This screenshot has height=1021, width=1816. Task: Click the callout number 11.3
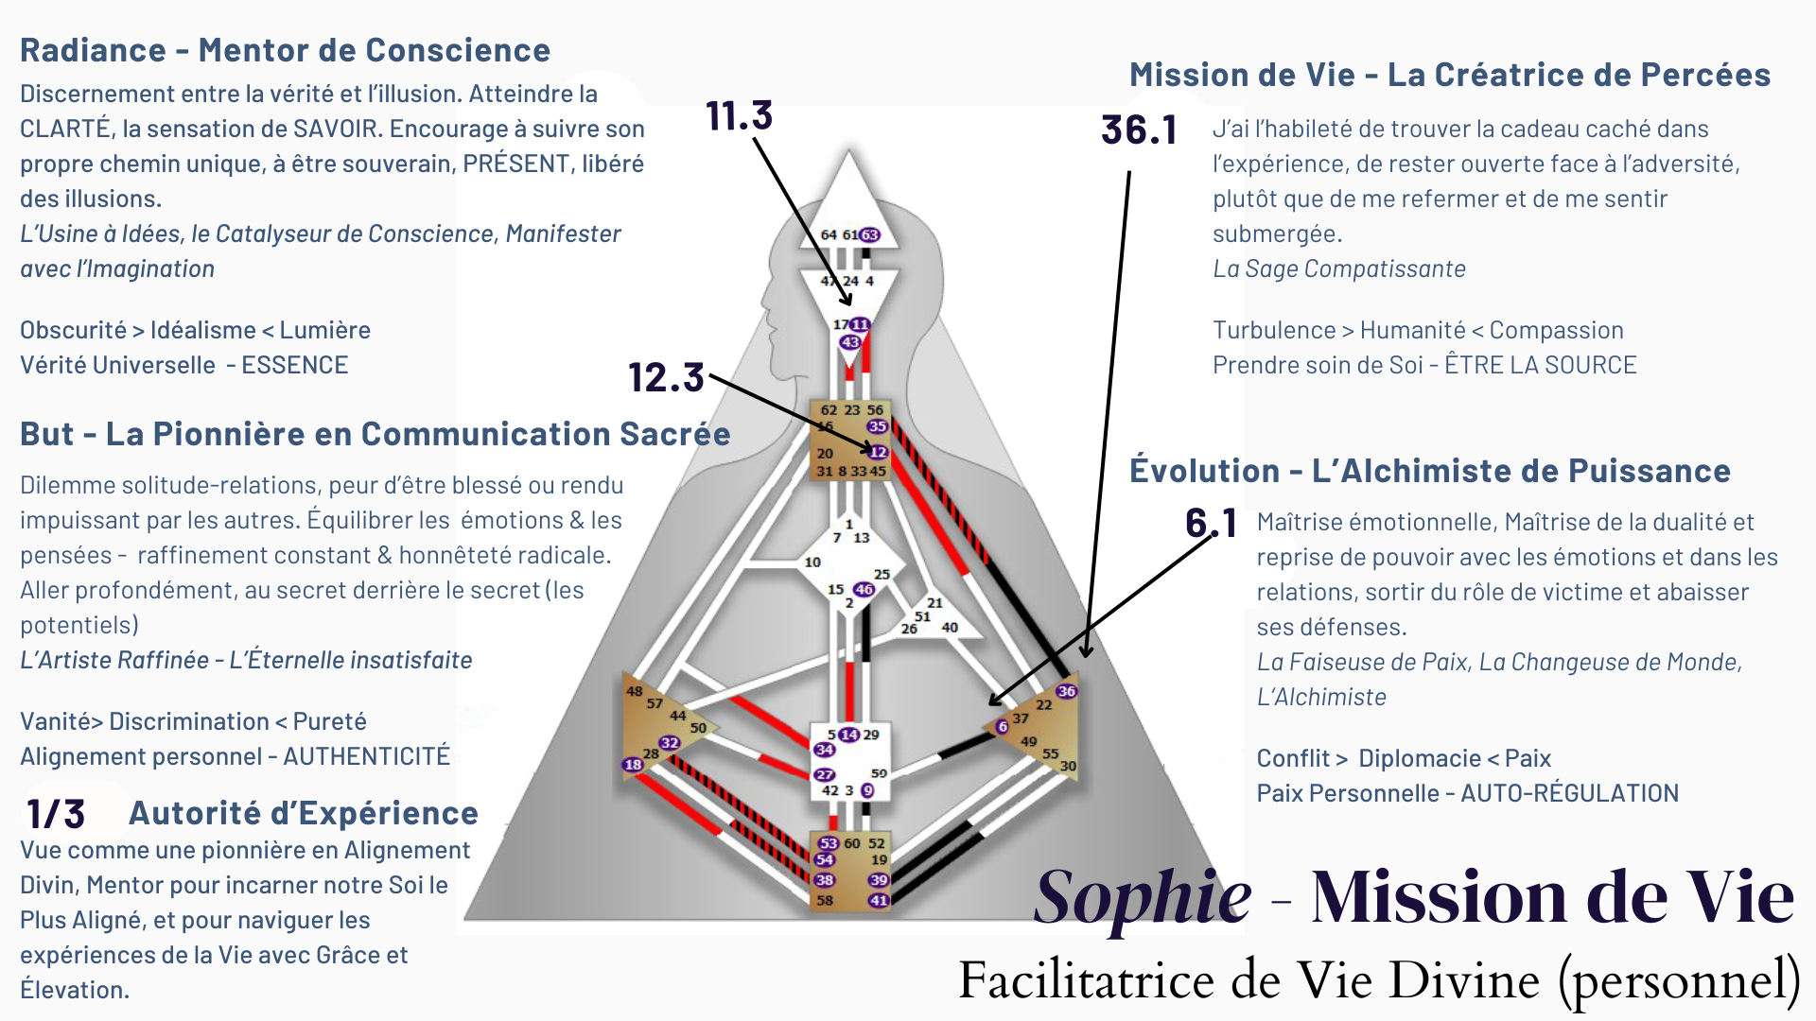coord(739,116)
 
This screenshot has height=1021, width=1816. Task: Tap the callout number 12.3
coord(666,377)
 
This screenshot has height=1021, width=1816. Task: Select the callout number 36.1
coord(1139,130)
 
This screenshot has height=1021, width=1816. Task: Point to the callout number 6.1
coord(1211,523)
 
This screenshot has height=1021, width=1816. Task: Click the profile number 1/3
coord(56,814)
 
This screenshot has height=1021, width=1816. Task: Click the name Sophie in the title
coord(1143,896)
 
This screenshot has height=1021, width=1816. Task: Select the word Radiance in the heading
coord(93,50)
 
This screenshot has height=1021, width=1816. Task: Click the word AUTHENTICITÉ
coord(367,756)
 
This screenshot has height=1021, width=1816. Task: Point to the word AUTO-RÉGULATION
coord(1569,793)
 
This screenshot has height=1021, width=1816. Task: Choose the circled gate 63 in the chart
coord(869,234)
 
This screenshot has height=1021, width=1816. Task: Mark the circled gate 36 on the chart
coord(1066,691)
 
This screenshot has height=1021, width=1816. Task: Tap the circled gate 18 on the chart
coord(633,764)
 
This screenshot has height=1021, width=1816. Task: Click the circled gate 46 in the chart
coord(864,589)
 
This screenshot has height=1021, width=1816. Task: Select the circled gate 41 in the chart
coord(879,900)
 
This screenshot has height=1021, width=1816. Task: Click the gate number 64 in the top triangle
coord(829,234)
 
